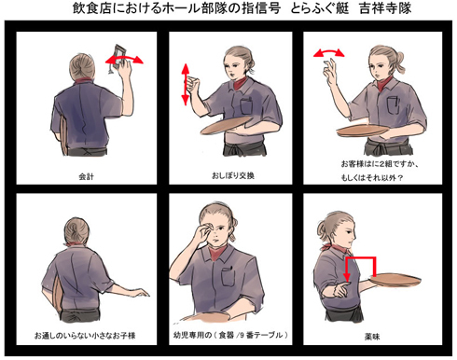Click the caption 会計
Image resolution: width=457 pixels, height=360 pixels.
(x=86, y=176)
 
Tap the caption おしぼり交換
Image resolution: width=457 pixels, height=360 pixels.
(x=233, y=175)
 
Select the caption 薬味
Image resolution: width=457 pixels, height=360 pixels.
(x=372, y=337)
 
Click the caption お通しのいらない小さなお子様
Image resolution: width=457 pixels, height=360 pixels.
(x=85, y=336)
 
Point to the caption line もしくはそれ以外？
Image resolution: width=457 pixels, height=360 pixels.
(x=372, y=178)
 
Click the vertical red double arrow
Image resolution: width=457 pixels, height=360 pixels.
(x=186, y=84)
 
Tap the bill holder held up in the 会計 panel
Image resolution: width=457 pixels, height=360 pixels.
(x=118, y=58)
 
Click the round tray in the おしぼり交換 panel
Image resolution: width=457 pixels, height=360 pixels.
(x=227, y=125)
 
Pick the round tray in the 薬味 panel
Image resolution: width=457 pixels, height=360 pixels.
(x=395, y=279)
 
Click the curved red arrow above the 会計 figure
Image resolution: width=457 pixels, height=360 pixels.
(x=124, y=59)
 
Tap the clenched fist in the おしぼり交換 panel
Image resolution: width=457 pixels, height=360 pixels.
(x=192, y=84)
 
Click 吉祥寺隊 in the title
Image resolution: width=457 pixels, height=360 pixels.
(x=385, y=8)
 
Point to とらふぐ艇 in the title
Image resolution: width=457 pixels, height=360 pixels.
(x=320, y=8)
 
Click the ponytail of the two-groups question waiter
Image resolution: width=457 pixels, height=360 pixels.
(x=399, y=62)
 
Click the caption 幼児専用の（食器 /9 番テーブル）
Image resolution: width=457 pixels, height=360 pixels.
(x=230, y=335)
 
